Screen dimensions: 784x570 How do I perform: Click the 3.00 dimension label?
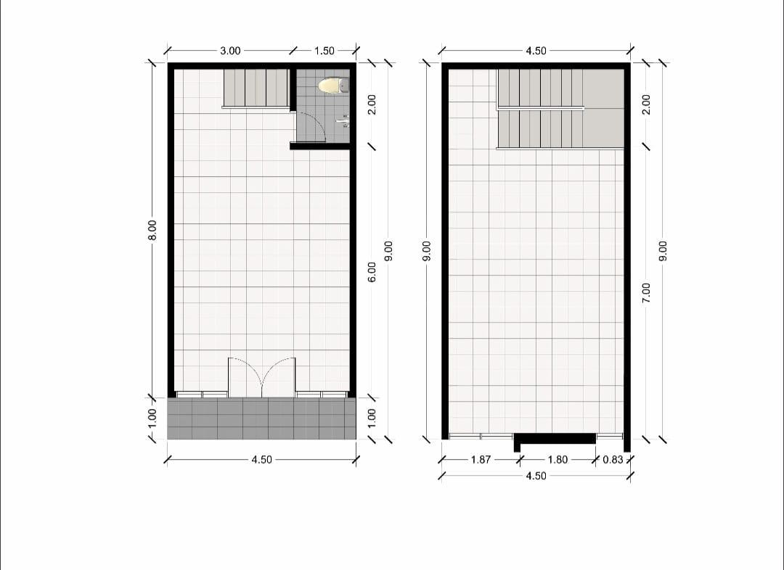click(x=230, y=51)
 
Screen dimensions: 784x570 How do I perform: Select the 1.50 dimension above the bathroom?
click(x=324, y=51)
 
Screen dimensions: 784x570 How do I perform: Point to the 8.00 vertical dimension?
click(x=152, y=230)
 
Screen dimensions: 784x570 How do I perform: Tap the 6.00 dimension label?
click(x=372, y=272)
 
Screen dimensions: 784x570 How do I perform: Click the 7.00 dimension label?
click(x=646, y=293)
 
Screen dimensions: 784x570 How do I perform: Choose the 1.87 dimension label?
click(x=481, y=460)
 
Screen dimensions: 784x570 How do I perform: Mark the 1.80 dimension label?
click(x=558, y=460)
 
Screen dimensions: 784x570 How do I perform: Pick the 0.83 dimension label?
click(x=613, y=460)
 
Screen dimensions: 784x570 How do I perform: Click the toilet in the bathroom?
click(x=333, y=86)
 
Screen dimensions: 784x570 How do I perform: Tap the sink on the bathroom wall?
click(x=343, y=120)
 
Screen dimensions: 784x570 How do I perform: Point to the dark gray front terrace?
click(x=261, y=418)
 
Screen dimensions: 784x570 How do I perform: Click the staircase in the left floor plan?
click(x=256, y=88)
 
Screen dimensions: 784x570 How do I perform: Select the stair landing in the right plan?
click(x=603, y=108)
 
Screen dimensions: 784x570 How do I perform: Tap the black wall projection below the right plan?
click(x=555, y=440)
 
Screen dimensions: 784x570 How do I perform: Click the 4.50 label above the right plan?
click(x=536, y=51)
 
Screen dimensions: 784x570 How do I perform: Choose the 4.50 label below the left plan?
click(x=261, y=460)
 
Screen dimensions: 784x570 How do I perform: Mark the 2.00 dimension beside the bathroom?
click(x=372, y=104)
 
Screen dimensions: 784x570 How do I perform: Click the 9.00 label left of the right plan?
click(x=427, y=251)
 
